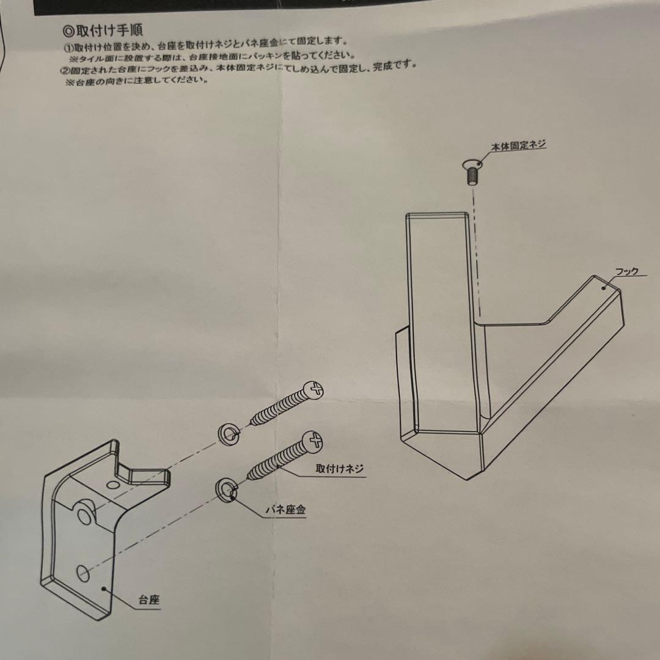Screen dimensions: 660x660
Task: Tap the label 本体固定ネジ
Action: click(x=518, y=144)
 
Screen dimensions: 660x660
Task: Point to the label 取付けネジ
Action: click(x=340, y=469)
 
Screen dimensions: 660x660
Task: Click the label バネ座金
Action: click(x=285, y=510)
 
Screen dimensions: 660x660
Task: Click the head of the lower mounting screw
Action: click(x=313, y=439)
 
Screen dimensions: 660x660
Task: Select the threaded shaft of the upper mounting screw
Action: click(x=279, y=409)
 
